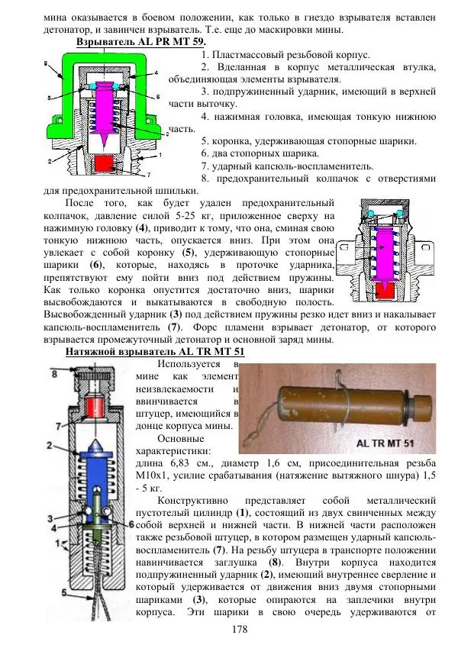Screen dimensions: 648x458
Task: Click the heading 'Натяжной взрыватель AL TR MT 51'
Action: pyautogui.click(x=155, y=352)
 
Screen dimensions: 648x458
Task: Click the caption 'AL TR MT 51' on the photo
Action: pyautogui.click(x=385, y=443)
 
